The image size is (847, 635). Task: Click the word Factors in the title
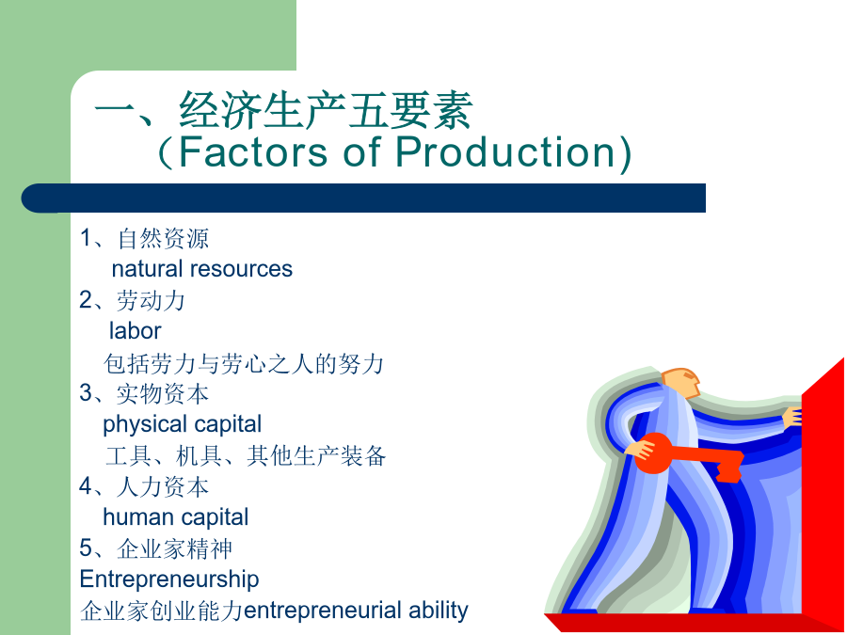coord(253,151)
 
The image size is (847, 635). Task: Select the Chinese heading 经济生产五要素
coord(327,110)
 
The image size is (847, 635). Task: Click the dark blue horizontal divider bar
coord(363,198)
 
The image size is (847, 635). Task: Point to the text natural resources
coord(202,269)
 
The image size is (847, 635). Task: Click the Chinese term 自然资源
coord(163,238)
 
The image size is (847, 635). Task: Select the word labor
coord(135,331)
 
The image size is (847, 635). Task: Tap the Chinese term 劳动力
coord(152,300)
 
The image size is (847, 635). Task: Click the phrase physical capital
coord(182,424)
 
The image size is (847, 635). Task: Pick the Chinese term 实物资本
coord(163,393)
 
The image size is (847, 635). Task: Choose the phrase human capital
coord(176,517)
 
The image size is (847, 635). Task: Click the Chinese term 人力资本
coord(163,486)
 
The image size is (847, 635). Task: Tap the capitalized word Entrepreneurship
coord(169,579)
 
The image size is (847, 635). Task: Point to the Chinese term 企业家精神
coord(174,548)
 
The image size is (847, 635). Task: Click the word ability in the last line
coord(438,611)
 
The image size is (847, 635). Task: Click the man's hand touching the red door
coord(792,417)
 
